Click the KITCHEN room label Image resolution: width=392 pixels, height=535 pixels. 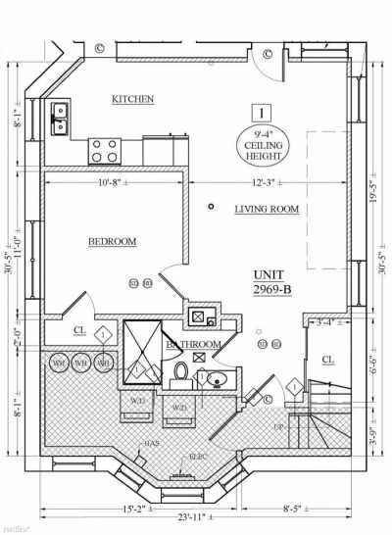coord(132,100)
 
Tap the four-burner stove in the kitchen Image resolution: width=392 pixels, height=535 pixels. coord(105,149)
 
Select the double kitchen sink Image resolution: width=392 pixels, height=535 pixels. coord(59,118)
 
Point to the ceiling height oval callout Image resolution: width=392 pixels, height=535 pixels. coord(262,144)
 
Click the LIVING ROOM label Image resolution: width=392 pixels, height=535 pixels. coord(267,210)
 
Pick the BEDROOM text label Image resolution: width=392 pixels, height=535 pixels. coord(112,241)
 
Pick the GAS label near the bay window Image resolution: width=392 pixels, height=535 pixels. coord(152,442)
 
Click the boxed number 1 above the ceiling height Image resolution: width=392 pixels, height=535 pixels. coord(262,113)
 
